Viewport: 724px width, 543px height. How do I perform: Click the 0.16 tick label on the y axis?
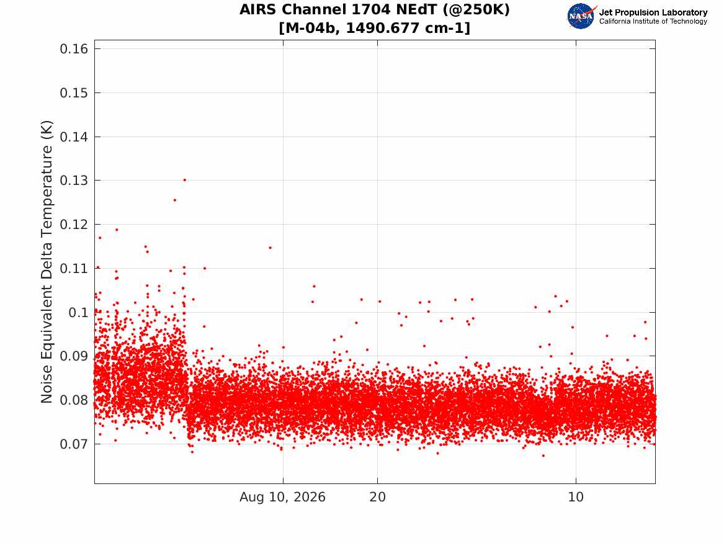(x=74, y=49)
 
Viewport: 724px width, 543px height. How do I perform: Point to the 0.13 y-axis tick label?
(x=74, y=181)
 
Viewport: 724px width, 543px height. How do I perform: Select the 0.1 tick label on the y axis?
(x=78, y=313)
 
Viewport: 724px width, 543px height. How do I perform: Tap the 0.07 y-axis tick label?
(x=74, y=445)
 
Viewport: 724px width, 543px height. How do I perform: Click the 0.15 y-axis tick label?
(x=74, y=93)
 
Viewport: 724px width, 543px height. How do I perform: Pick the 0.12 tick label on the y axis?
(x=74, y=225)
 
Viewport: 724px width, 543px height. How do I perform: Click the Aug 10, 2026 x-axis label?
(x=282, y=497)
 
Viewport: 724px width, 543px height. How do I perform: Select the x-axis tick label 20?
(x=378, y=497)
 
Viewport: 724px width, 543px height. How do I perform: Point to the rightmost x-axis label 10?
(x=576, y=497)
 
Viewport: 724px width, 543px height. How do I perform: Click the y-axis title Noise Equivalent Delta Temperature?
(x=47, y=262)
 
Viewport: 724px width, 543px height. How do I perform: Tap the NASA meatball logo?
(x=581, y=16)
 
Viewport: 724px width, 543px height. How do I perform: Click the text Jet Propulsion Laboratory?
(x=653, y=12)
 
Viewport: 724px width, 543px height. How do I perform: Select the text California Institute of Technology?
(x=653, y=21)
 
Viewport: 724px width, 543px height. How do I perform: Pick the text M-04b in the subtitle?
(x=310, y=28)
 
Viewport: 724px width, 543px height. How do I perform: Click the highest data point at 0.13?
(x=185, y=180)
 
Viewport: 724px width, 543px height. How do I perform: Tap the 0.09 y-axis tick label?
(x=74, y=356)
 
